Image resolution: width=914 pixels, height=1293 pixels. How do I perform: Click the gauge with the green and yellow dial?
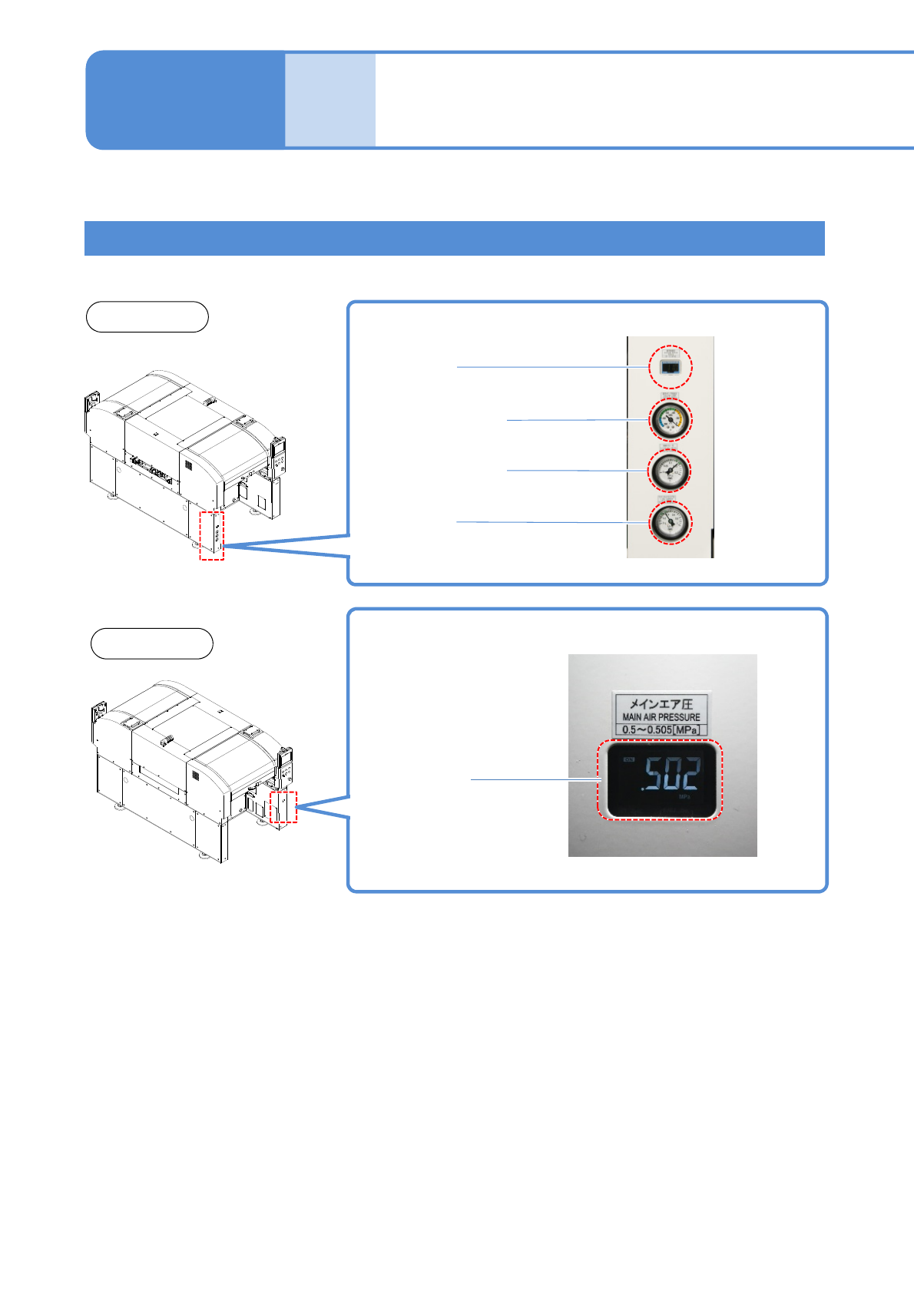(671, 419)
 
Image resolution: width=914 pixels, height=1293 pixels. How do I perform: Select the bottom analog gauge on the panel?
(671, 522)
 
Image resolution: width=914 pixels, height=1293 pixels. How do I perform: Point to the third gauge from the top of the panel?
(671, 471)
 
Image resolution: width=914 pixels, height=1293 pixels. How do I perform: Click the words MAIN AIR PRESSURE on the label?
(661, 717)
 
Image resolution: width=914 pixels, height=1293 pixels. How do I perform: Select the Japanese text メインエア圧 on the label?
(661, 703)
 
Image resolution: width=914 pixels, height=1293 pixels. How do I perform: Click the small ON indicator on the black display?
(629, 760)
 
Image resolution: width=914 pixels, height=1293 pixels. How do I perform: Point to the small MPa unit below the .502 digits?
(684, 797)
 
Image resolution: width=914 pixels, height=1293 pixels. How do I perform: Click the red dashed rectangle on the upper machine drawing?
(212, 535)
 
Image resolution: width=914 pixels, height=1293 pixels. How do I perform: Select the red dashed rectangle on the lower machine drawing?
(283, 807)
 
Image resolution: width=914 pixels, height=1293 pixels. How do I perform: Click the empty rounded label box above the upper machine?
(147, 317)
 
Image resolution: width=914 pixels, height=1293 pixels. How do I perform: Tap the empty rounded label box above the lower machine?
(151, 643)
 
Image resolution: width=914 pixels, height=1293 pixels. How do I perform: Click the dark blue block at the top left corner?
(184, 100)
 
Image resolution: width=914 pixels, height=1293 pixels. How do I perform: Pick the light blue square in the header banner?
(330, 100)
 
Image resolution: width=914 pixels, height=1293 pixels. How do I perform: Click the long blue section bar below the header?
(454, 238)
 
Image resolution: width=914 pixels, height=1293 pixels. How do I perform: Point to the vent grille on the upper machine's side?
(187, 465)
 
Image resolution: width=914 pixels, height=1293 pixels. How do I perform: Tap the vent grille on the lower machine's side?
(195, 776)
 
